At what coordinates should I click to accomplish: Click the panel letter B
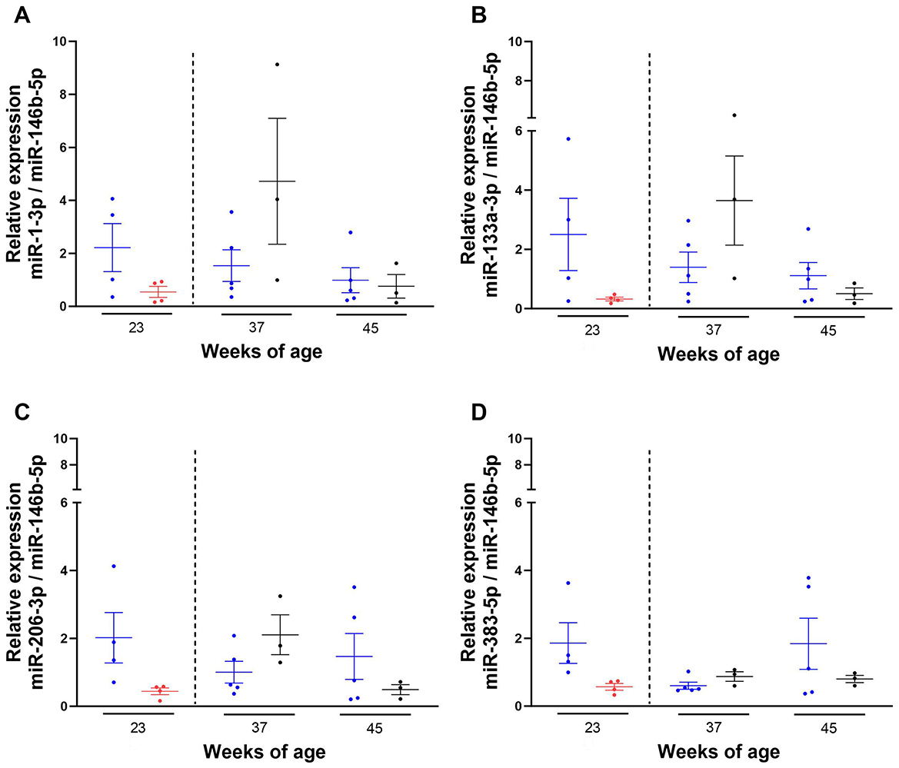[477, 16]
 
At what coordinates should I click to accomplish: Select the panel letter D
[477, 413]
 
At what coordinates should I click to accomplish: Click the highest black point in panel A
[277, 64]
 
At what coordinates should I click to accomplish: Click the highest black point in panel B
[734, 115]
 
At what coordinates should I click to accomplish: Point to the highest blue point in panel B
[568, 138]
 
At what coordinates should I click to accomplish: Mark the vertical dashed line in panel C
[195, 577]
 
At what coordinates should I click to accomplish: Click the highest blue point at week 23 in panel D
[568, 583]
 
